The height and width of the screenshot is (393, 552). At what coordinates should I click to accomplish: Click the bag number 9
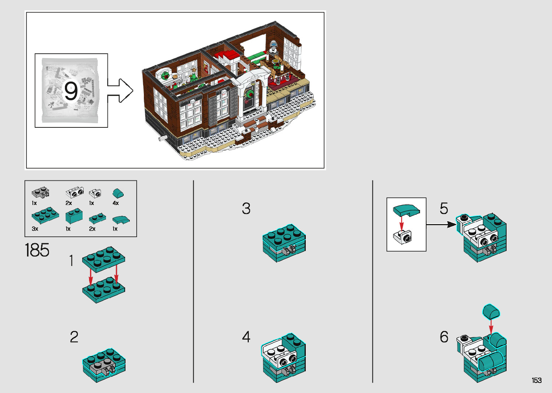71,91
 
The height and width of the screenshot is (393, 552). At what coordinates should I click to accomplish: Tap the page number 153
536,380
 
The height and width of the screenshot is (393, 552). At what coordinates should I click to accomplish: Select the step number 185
37,250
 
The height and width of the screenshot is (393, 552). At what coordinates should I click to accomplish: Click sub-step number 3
246,209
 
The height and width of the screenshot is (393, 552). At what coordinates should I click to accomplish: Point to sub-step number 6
444,337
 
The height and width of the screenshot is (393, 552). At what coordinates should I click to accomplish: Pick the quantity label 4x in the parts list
116,203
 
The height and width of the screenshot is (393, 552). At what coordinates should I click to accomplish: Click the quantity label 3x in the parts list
35,229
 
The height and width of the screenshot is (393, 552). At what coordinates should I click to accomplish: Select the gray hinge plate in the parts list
40,192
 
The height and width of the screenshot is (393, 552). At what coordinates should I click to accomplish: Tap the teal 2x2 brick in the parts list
74,216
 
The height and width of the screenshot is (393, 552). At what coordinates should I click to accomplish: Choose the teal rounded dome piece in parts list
118,193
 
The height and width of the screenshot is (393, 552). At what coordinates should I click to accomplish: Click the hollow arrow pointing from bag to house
120,91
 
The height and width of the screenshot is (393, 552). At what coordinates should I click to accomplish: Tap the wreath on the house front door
249,94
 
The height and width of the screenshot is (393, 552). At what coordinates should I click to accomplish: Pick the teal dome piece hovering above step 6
491,311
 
